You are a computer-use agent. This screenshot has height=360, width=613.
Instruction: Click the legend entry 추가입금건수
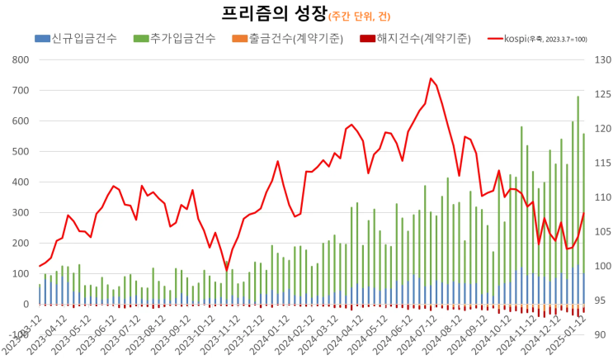point(178,39)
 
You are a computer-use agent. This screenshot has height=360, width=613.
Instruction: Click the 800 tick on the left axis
point(19,60)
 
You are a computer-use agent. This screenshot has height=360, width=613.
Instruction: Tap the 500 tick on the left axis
point(19,152)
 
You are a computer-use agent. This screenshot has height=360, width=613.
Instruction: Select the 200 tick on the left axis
point(19,244)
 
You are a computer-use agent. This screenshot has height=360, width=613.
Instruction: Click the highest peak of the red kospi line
point(431,78)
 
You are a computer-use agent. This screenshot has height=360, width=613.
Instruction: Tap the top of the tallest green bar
point(578,97)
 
